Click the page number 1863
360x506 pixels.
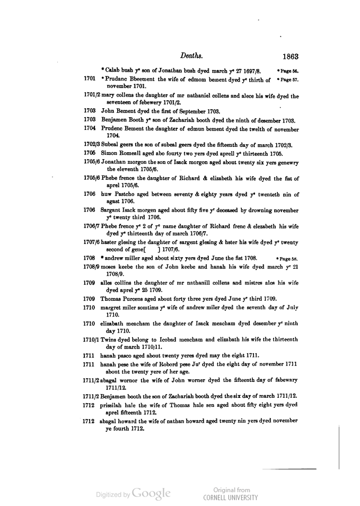click(291, 56)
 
